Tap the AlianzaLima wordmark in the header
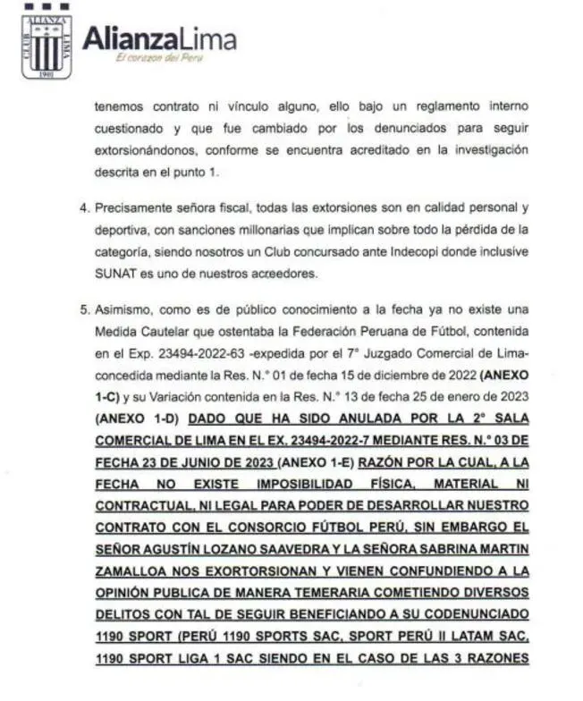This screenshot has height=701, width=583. [x=160, y=38]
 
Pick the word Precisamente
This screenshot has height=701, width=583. [x=132, y=207]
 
